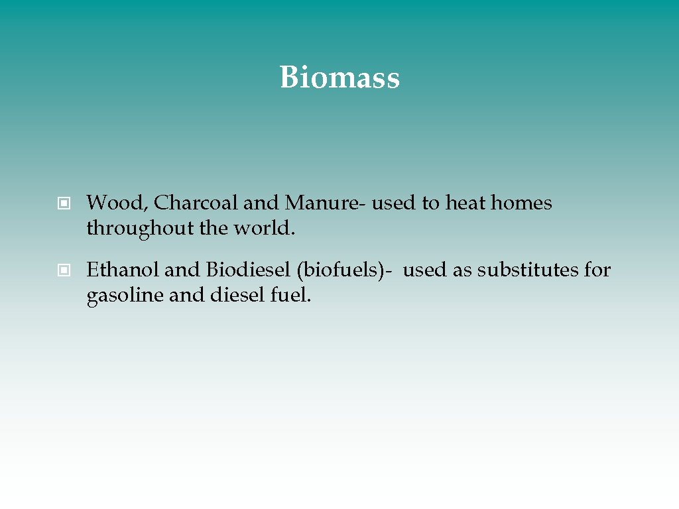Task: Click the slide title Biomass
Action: [339, 78]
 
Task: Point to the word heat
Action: [465, 203]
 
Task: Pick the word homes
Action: [521, 203]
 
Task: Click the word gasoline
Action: [125, 296]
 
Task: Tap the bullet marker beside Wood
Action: [64, 203]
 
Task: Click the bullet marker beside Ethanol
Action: [64, 270]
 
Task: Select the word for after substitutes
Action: [597, 270]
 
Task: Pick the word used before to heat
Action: [394, 203]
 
